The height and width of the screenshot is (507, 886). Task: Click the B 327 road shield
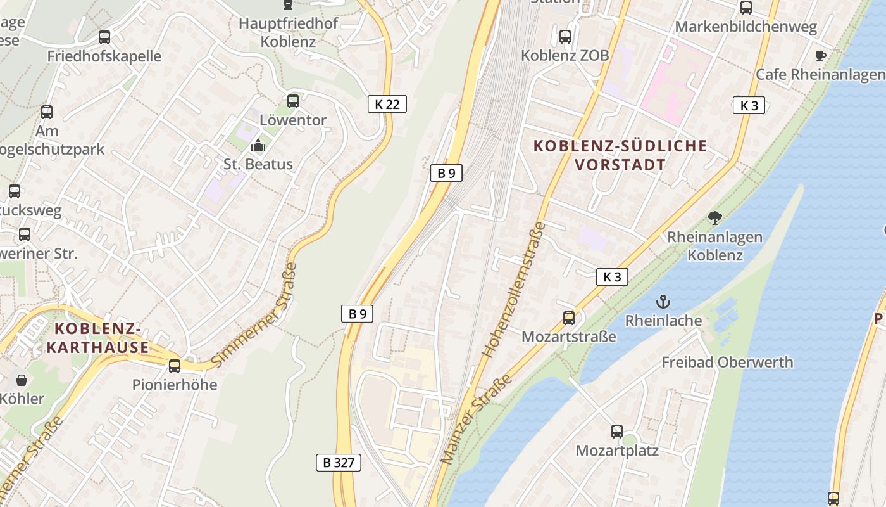339,463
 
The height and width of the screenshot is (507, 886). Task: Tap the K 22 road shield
387,104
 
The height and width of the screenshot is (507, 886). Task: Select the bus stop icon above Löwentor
292,101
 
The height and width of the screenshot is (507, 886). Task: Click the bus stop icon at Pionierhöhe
174,366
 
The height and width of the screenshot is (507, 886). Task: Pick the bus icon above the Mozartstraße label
569,318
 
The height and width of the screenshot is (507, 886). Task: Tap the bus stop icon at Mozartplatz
617,432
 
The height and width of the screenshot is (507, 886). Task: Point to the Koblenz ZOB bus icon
565,37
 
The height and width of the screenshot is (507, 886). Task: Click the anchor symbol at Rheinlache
663,301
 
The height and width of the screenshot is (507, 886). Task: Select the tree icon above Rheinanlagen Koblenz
715,219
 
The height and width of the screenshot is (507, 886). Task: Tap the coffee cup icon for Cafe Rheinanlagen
821,56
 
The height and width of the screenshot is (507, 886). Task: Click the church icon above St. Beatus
258,146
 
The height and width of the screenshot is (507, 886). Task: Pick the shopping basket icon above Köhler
22,380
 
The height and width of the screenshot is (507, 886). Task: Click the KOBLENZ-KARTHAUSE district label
97,338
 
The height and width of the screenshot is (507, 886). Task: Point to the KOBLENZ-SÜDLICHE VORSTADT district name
620,155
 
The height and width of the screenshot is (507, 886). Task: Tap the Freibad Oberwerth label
727,363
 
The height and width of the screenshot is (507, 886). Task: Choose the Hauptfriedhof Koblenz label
288,33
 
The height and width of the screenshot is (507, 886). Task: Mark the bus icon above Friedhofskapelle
104,37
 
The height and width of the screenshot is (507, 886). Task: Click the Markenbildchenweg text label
746,27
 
